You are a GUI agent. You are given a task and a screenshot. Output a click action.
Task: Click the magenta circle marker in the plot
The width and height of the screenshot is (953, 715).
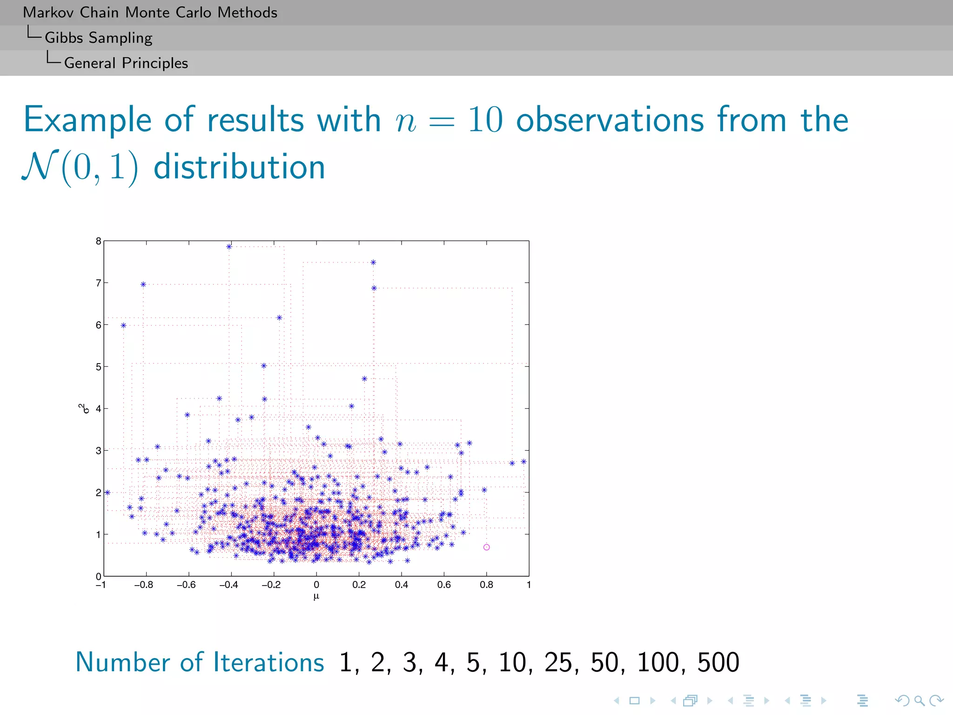pos(486,547)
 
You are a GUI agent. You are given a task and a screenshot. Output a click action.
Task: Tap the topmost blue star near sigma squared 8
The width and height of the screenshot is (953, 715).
pos(229,247)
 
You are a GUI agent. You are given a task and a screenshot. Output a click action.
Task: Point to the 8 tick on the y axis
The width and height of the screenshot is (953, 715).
pos(98,241)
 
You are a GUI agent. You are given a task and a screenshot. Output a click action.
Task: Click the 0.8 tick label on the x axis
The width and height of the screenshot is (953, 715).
pos(486,585)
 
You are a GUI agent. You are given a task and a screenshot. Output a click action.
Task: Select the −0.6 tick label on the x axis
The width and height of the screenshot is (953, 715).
pos(186,585)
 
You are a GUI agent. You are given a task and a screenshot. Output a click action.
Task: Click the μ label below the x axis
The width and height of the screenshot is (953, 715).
pos(316,596)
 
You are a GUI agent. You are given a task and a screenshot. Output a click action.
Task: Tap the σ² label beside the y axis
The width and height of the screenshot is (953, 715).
pos(84,409)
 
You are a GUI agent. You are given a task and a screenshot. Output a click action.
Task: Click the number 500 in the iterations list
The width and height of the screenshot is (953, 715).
pos(718,662)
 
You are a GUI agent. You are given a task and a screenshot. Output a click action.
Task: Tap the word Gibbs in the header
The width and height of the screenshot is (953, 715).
pos(64,38)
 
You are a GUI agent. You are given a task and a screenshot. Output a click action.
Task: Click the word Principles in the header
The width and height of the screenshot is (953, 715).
pos(155,63)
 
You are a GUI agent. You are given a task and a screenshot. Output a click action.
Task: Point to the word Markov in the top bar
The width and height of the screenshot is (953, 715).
pos(49,12)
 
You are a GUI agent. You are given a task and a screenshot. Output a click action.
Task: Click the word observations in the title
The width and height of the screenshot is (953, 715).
pos(610,120)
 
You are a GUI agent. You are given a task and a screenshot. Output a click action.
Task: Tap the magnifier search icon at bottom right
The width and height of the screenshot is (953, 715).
pos(919,700)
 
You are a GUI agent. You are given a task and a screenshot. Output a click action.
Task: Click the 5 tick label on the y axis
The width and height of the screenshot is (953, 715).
pos(98,367)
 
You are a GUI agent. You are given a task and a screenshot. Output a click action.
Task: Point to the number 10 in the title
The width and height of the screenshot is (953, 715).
pos(485,120)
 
